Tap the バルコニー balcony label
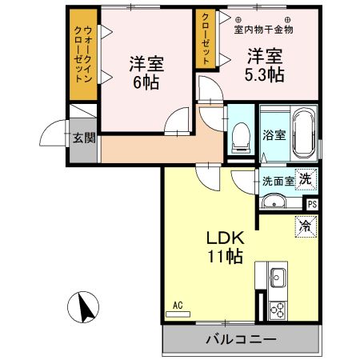pyautogui.click(x=240, y=339)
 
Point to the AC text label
pyautogui.click(x=178, y=305)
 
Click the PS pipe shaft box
pyautogui.click(x=311, y=203)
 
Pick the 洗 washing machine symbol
pyautogui.click(x=305, y=180)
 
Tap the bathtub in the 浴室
pyautogui.click(x=305, y=133)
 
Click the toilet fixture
pyautogui.click(x=239, y=137)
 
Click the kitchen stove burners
pyautogui.click(x=278, y=307)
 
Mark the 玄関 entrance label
pyautogui.click(x=83, y=138)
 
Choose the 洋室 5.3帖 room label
pyautogui.click(x=264, y=65)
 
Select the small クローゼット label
pyautogui.click(x=206, y=38)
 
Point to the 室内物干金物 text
pyautogui.click(x=263, y=30)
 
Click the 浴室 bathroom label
pyautogui.click(x=274, y=134)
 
